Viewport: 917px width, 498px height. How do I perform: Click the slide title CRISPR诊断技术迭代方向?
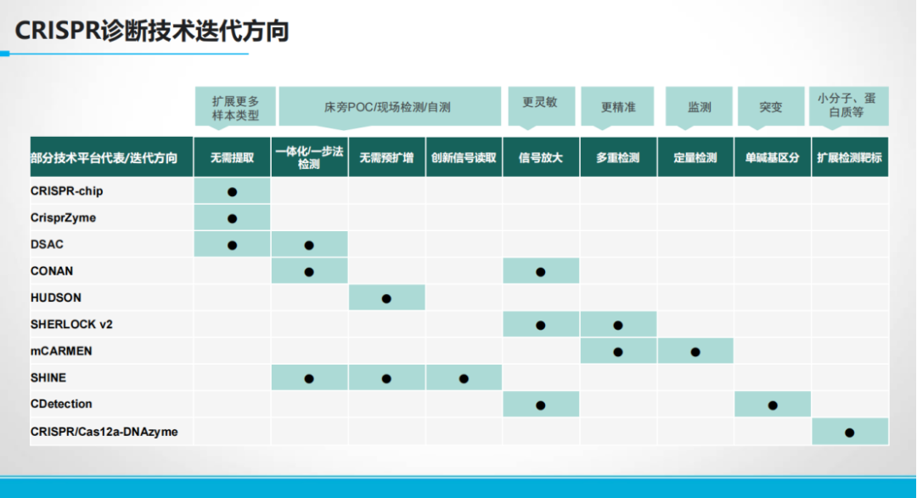coord(152,31)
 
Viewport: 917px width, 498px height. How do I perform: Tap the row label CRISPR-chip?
coord(67,190)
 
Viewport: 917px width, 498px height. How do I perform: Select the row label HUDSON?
coord(56,297)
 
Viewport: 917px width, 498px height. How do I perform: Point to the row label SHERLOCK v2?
coord(71,324)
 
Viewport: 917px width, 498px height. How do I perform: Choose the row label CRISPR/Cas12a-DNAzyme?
coord(104,432)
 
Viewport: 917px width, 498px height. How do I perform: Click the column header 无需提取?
coord(232,157)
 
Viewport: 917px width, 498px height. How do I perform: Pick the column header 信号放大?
coord(540,157)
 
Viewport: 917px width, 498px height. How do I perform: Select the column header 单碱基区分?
coord(772,157)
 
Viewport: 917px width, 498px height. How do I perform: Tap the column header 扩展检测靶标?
coord(849,157)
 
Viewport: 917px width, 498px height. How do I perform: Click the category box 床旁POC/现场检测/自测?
coord(390,106)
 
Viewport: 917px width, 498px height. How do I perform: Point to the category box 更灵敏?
coord(541,106)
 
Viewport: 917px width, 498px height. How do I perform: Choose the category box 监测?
coord(699,106)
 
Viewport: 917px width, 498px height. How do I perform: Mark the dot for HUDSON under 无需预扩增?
coord(386,298)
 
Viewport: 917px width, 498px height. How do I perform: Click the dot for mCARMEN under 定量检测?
coord(695,352)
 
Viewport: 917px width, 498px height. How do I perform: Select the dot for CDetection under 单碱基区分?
coord(773,405)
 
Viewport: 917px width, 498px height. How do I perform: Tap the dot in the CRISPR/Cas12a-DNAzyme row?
coord(850,433)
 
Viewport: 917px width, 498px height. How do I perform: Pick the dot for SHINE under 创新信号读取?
coord(464,379)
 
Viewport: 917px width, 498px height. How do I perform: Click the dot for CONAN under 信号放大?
coord(540,272)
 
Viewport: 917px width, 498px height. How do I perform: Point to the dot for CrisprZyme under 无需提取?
coord(232,218)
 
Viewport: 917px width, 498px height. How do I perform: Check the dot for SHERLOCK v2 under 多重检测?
coord(618,325)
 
